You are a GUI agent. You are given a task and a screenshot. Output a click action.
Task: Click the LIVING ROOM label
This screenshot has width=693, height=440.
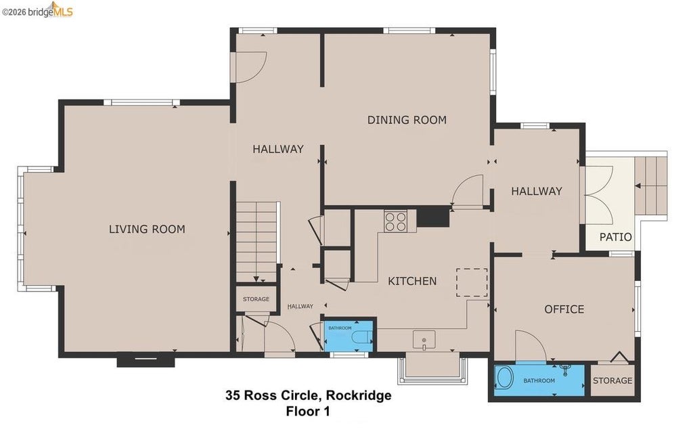point(147,229)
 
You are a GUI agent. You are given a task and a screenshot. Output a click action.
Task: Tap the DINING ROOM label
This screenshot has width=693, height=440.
point(407,120)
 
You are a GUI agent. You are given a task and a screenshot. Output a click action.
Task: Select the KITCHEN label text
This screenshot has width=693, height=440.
point(412,281)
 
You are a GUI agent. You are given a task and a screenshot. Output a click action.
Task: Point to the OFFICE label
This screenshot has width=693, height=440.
point(564,309)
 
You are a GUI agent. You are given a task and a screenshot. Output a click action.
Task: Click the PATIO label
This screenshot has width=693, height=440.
point(616,237)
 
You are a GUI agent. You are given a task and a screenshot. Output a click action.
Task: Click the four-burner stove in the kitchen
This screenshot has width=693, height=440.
point(395,221)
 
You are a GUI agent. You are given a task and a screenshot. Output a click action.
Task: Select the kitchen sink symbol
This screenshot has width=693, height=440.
point(424,340)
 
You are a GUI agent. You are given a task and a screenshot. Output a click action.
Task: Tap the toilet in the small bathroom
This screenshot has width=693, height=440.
point(363,336)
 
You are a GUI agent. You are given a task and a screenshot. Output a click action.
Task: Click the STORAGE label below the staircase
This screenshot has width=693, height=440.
point(256,299)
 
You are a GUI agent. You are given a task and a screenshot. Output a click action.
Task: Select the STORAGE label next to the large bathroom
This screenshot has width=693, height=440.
point(612,380)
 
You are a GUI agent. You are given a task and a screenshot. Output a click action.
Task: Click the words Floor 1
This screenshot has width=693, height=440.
point(308,412)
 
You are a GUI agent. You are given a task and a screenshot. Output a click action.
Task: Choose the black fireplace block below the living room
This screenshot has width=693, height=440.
point(146,360)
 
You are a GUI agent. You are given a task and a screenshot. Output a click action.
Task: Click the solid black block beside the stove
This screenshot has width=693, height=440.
point(433,217)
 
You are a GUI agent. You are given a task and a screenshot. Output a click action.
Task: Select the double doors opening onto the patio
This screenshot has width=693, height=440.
point(596,193)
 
